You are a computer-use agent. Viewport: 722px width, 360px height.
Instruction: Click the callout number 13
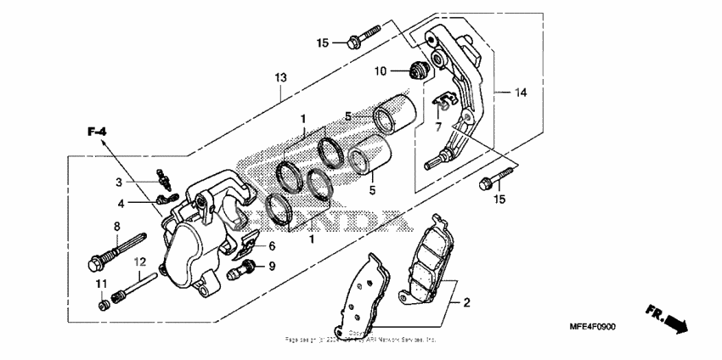281,77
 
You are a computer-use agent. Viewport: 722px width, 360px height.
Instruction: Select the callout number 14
521,91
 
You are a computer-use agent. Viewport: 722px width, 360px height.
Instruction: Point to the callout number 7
438,127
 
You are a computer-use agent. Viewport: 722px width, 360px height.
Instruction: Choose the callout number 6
272,246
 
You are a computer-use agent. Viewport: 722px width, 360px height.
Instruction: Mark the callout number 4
121,203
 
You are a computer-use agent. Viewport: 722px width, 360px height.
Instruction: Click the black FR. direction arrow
676,321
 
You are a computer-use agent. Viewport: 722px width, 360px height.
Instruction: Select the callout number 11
100,282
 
